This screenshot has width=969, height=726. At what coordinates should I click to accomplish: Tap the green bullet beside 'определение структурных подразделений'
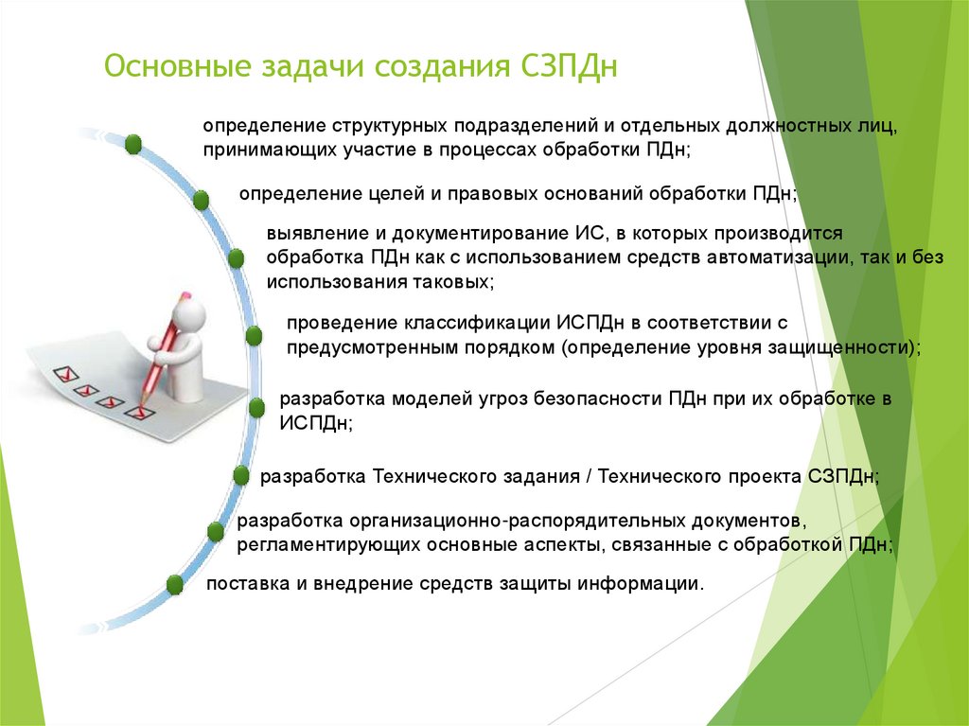tap(133, 144)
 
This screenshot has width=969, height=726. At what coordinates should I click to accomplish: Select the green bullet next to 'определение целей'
tap(201, 200)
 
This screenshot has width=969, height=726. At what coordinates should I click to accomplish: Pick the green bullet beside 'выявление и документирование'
tap(236, 258)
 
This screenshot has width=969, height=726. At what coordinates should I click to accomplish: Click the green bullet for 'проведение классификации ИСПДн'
tap(254, 335)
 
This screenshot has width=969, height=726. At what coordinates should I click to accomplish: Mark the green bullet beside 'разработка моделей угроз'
tap(256, 407)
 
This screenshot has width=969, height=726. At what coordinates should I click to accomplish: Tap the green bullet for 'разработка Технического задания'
tap(241, 475)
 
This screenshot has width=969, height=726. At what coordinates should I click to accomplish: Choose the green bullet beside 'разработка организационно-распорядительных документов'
tap(216, 531)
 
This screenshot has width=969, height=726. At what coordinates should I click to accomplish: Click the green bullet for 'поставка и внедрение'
tap(174, 584)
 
